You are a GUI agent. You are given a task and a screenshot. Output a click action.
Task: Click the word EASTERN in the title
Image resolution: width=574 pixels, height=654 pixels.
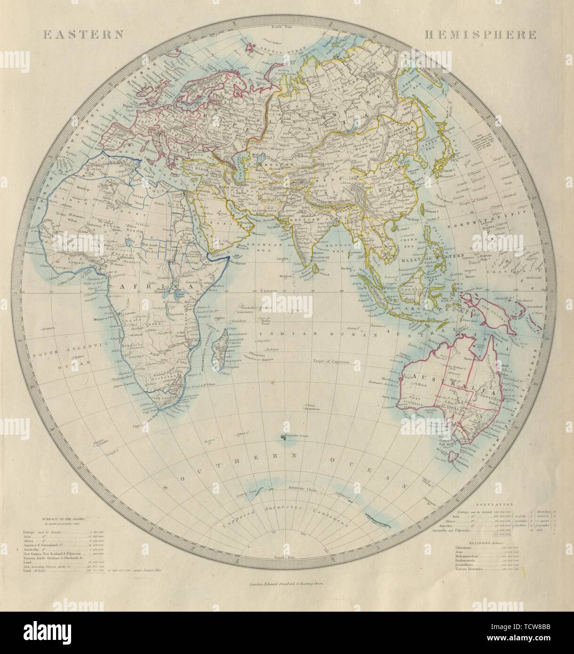83,34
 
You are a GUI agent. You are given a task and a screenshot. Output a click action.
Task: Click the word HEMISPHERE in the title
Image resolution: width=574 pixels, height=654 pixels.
480,34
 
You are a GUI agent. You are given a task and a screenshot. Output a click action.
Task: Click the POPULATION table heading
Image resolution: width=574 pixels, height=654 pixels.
490,502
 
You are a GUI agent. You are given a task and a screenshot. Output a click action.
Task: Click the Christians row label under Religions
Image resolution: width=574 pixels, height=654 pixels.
466,554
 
